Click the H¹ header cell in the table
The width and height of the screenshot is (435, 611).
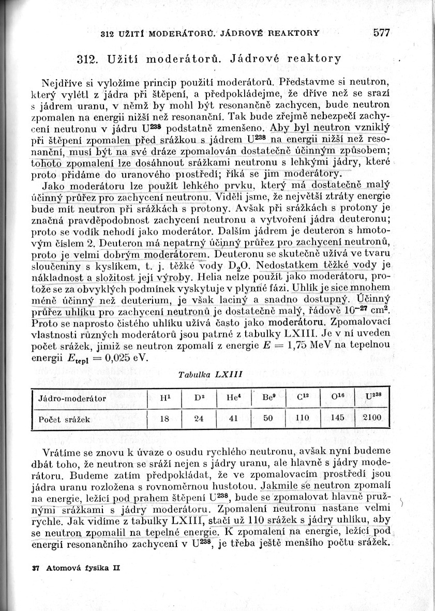(165, 398)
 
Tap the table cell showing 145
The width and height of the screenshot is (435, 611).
(337, 418)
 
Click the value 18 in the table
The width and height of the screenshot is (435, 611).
(164, 419)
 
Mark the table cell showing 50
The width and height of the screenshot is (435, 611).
(267, 419)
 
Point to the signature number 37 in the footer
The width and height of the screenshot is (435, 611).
(36, 568)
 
